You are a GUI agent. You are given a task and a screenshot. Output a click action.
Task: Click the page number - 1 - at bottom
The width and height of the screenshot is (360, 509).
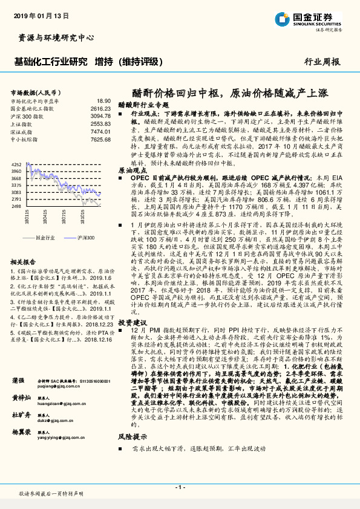tap(180, 487)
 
